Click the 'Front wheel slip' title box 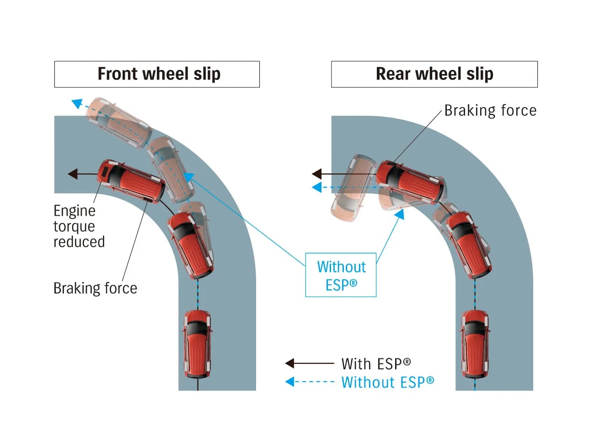click(x=157, y=74)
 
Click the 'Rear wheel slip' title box click(x=434, y=74)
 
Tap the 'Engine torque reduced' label click(x=78, y=226)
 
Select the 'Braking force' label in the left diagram click(x=95, y=288)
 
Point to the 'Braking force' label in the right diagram click(x=490, y=111)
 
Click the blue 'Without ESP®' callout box click(x=341, y=275)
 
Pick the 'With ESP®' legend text click(x=376, y=364)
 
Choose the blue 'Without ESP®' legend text click(x=387, y=382)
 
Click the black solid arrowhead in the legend click(x=290, y=363)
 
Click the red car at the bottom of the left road click(x=197, y=343)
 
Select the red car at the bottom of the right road click(x=475, y=344)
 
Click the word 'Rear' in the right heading click(x=393, y=74)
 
